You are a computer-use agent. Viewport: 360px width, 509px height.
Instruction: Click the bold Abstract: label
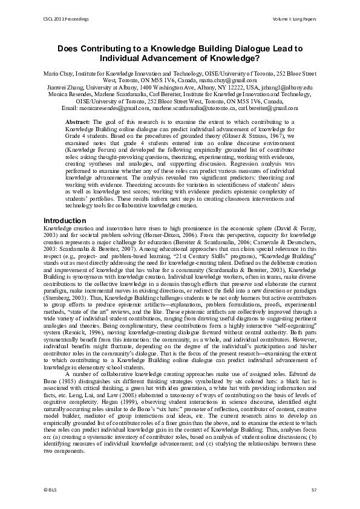click(x=77, y=122)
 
